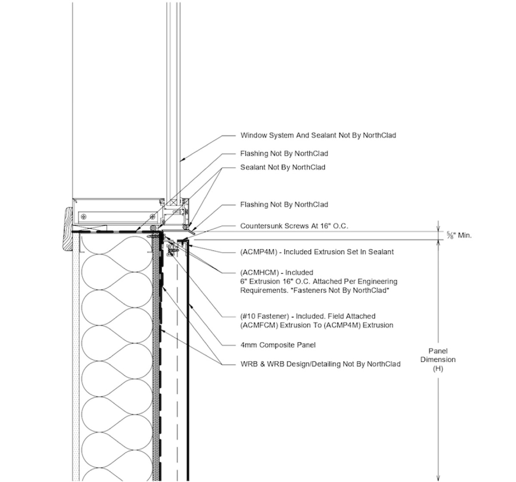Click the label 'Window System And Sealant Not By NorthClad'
coord(318,135)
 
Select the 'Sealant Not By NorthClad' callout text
coord(283,167)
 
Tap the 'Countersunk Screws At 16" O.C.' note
coord(294,226)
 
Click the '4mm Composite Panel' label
coord(278,345)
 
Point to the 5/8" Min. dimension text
coord(459,235)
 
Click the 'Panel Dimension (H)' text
coord(438,360)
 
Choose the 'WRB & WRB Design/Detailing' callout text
coord(320,364)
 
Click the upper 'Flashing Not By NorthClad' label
coord(284,154)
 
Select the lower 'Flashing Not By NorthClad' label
coord(284,205)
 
